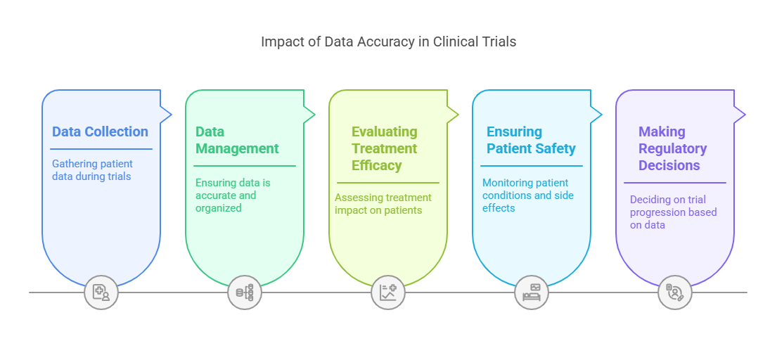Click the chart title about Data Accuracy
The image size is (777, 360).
(388, 41)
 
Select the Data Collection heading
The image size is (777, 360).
(100, 131)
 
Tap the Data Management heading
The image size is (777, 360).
(237, 140)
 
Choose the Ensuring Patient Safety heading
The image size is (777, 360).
(531, 140)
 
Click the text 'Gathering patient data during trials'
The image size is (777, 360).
(92, 170)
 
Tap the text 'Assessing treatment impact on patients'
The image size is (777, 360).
(383, 204)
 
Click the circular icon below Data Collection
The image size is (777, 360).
(101, 292)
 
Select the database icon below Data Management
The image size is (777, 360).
(245, 292)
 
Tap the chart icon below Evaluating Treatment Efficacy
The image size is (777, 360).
(388, 292)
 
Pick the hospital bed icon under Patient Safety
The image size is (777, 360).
(532, 292)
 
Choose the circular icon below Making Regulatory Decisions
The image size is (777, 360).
(675, 292)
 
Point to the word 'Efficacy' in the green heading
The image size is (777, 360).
(377, 165)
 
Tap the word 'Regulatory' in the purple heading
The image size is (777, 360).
(672, 148)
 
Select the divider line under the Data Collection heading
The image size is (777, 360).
(101, 149)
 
